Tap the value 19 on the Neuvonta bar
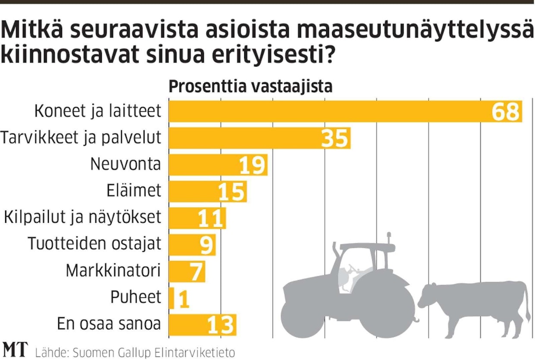252,165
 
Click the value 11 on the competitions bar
211,219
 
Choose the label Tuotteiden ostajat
94,244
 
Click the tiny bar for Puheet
172,298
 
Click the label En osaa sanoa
109,324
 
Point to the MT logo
15,350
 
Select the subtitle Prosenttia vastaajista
250,87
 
